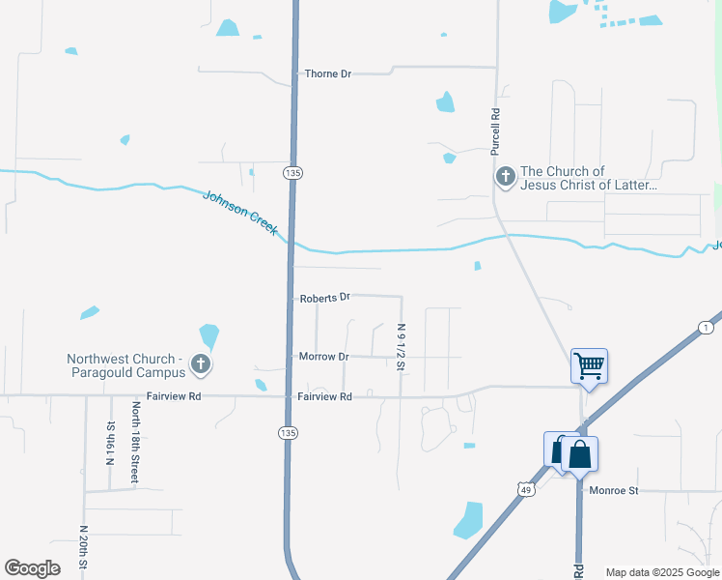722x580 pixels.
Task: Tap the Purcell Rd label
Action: (495, 131)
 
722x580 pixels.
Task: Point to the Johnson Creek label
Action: (241, 213)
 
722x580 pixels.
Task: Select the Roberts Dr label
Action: (324, 298)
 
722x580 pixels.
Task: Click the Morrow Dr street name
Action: (323, 357)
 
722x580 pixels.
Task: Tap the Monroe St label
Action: (615, 491)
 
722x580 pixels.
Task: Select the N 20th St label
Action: (84, 547)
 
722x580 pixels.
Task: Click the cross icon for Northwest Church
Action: (200, 364)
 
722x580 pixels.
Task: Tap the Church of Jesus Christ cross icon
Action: (505, 177)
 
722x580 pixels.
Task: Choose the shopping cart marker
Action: (589, 366)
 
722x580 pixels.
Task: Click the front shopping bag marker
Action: (579, 453)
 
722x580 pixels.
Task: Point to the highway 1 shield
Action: (707, 329)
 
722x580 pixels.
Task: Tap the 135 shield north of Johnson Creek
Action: (292, 172)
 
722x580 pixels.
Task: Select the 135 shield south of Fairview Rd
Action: (288, 430)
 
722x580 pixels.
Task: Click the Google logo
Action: (33, 568)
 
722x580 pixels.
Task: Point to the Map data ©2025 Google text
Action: (661, 572)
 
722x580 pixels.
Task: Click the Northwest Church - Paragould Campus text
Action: (125, 365)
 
